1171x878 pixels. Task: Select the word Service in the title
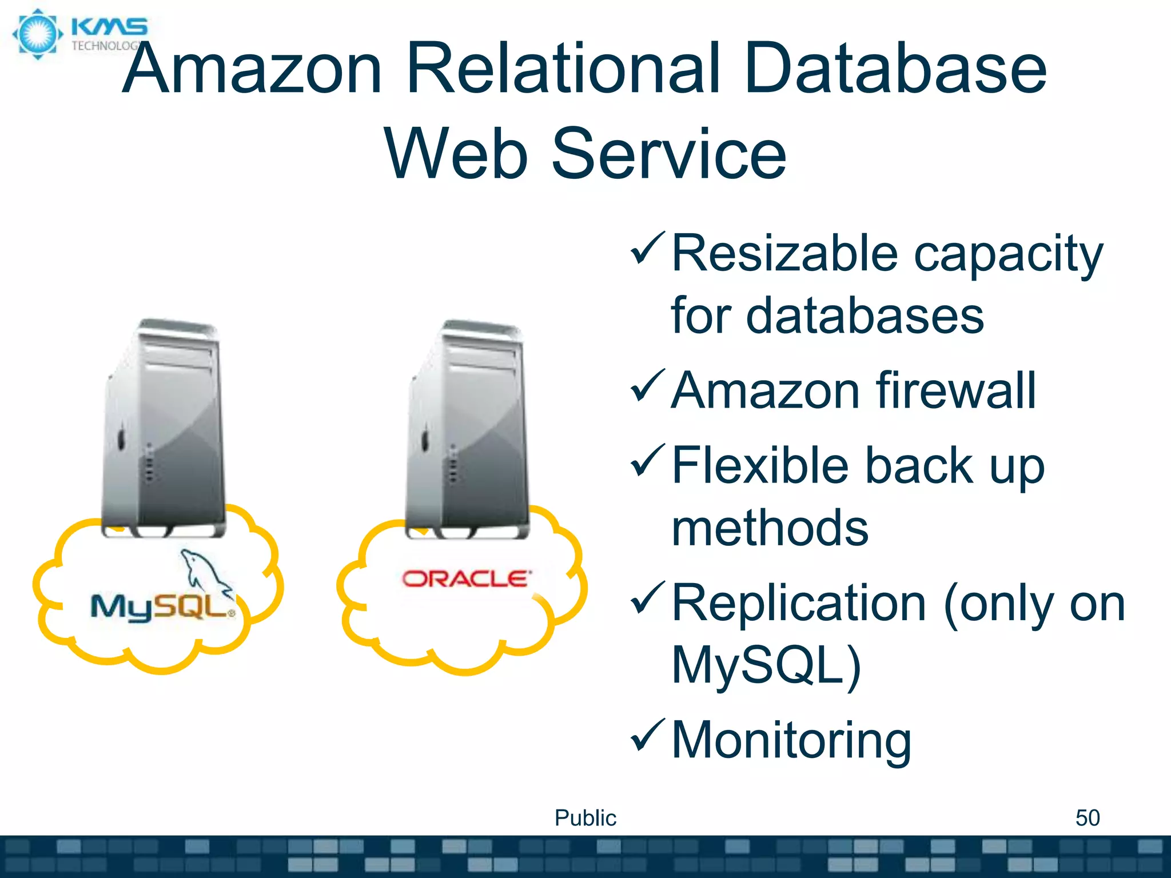click(669, 154)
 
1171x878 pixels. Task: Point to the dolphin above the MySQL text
click(203, 572)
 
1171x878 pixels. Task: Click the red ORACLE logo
click(466, 578)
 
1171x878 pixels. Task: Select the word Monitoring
click(791, 741)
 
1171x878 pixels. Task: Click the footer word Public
click(585, 818)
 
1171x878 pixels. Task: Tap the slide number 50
click(1087, 818)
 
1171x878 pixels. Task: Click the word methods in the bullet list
click(770, 528)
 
